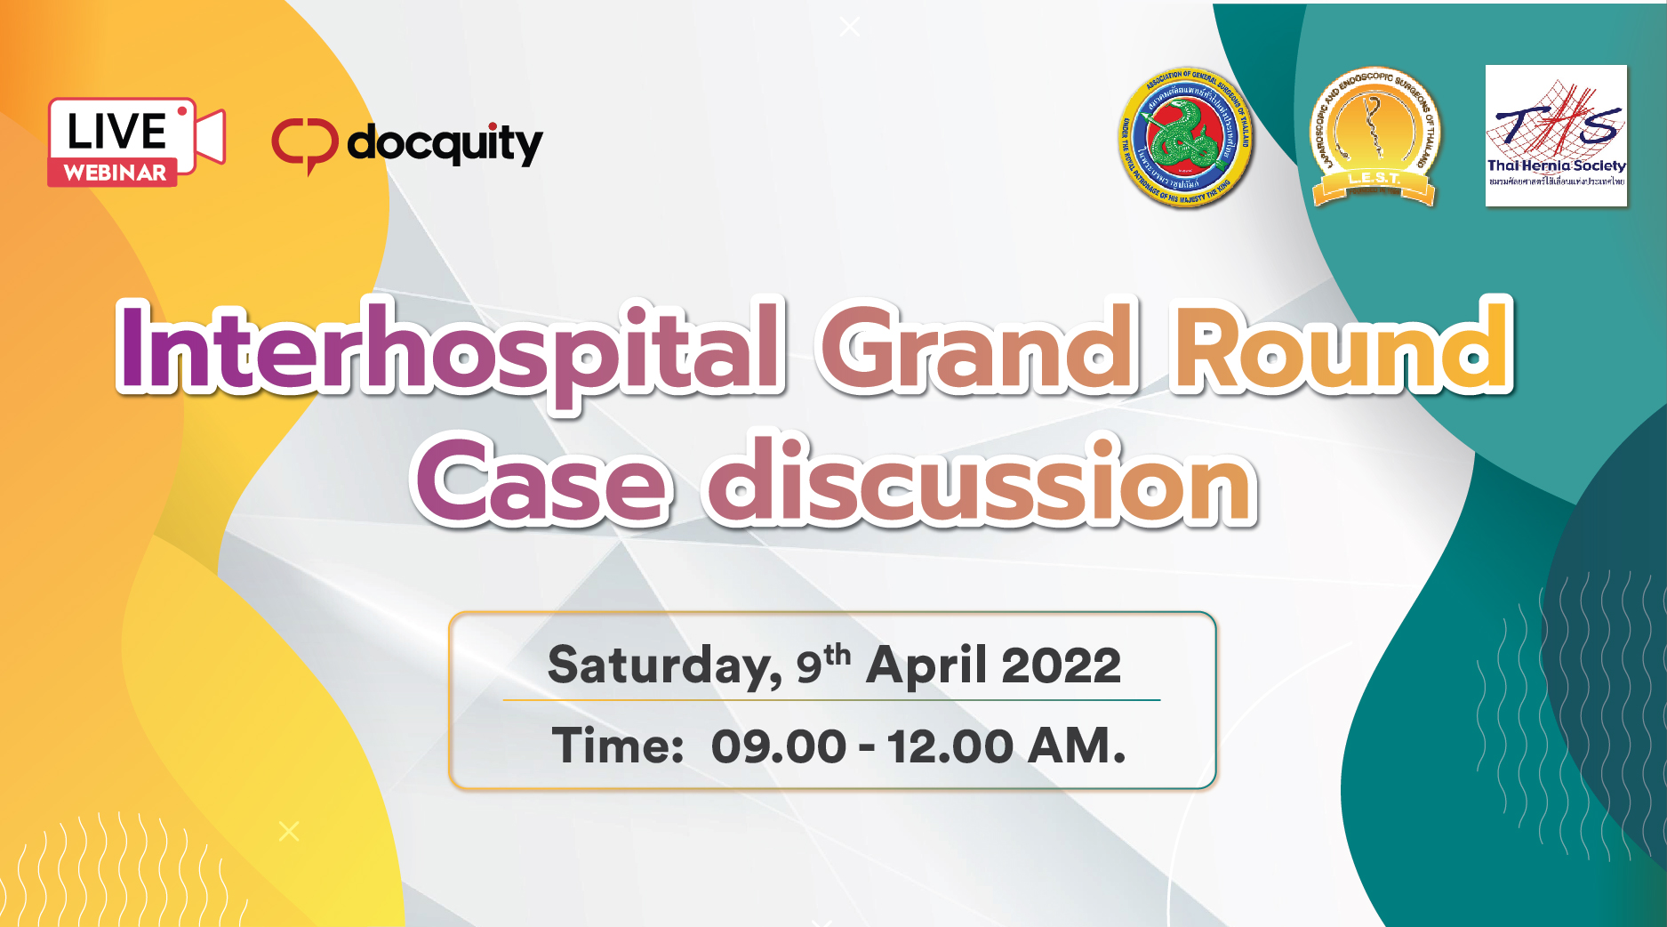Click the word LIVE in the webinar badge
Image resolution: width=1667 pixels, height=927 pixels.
click(x=116, y=132)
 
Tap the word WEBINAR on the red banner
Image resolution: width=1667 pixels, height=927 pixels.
click(x=115, y=173)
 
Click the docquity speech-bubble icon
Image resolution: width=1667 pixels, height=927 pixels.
click(x=305, y=144)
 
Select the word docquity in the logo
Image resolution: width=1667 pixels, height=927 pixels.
click(x=445, y=144)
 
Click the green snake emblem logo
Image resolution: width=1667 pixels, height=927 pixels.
click(x=1186, y=138)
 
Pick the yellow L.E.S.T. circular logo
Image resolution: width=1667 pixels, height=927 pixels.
click(x=1374, y=138)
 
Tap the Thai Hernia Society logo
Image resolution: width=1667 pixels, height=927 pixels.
click(x=1556, y=136)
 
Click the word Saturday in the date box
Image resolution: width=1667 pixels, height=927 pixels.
click(x=662, y=665)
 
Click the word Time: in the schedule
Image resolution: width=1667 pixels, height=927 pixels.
click(x=618, y=746)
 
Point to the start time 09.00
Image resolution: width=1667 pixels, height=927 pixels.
click(x=778, y=746)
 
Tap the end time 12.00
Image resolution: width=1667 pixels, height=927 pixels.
click(x=950, y=746)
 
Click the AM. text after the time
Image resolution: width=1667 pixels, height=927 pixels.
click(x=1077, y=746)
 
